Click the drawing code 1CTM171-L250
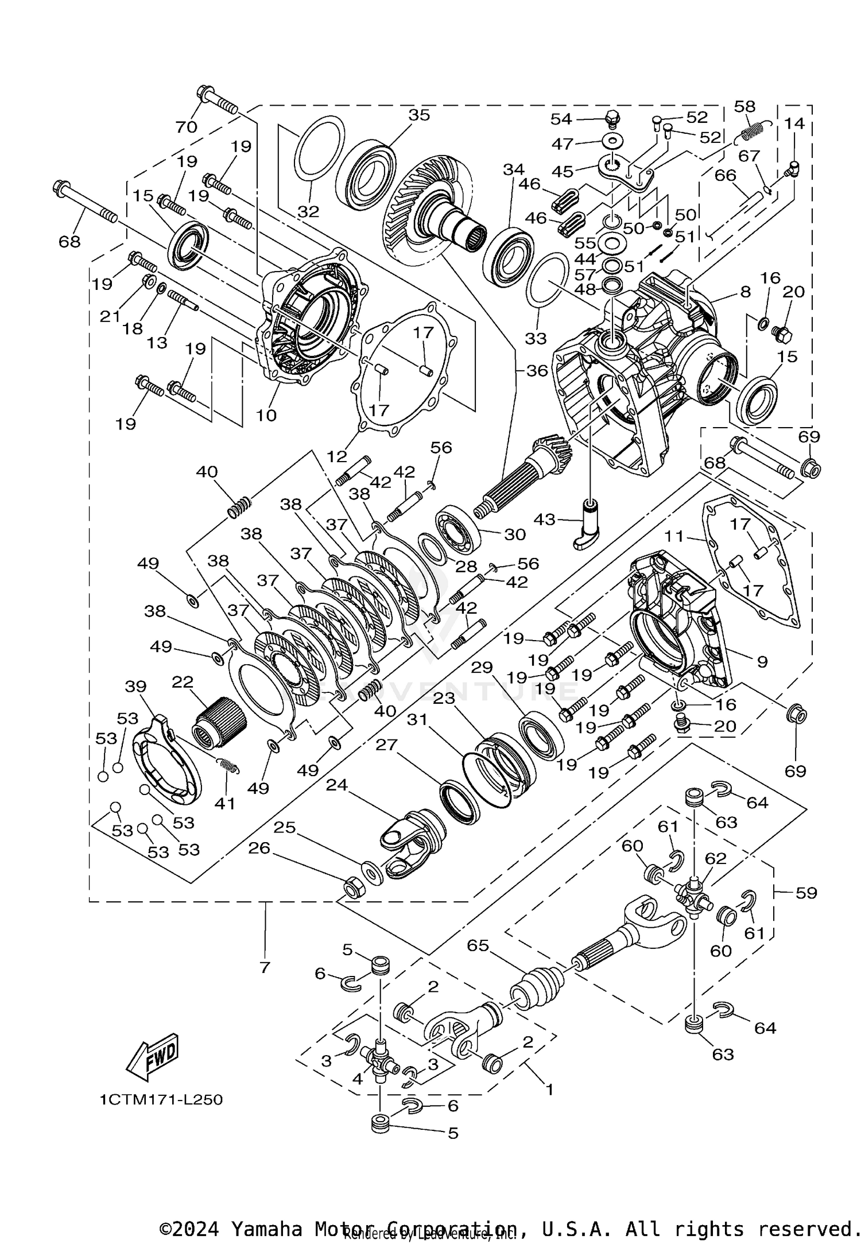point(161,1100)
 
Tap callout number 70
point(186,127)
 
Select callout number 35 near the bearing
point(419,115)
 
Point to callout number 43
point(544,520)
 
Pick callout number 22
point(183,683)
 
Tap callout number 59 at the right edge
point(806,893)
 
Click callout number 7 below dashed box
point(264,968)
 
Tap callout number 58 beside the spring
point(745,107)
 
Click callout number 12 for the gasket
point(338,456)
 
